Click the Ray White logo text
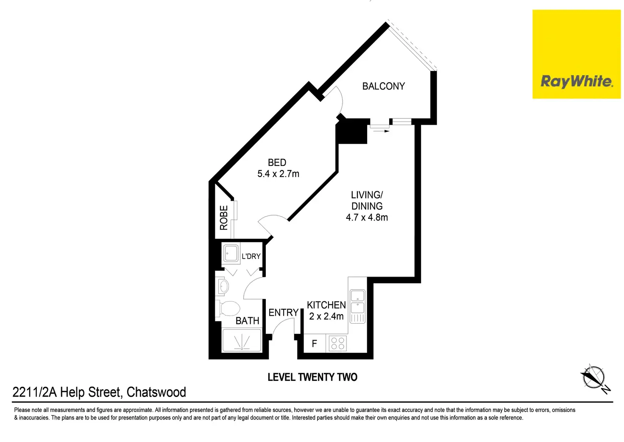click(x=576, y=81)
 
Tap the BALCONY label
click(x=383, y=86)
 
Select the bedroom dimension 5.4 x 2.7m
click(x=278, y=174)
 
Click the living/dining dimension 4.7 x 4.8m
click(x=367, y=218)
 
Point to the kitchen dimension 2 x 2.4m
click(x=326, y=316)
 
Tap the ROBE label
click(x=224, y=218)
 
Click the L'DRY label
click(x=251, y=256)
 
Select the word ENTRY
click(x=284, y=313)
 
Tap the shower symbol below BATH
click(x=242, y=341)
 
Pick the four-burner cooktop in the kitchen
click(x=338, y=343)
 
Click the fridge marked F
click(x=314, y=344)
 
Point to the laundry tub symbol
click(x=231, y=254)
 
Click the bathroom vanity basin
click(x=223, y=286)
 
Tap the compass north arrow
click(x=593, y=377)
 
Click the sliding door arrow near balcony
click(x=381, y=131)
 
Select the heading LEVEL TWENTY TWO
click(x=312, y=377)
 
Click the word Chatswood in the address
click(x=156, y=392)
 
